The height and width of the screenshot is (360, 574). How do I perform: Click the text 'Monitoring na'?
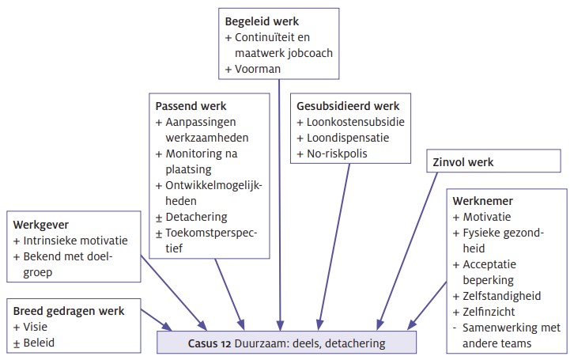201,153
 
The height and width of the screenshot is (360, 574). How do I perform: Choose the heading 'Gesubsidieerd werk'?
347,105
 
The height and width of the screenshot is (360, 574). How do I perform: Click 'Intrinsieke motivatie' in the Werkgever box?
75,239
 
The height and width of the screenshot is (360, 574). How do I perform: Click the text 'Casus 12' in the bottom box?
213,344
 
